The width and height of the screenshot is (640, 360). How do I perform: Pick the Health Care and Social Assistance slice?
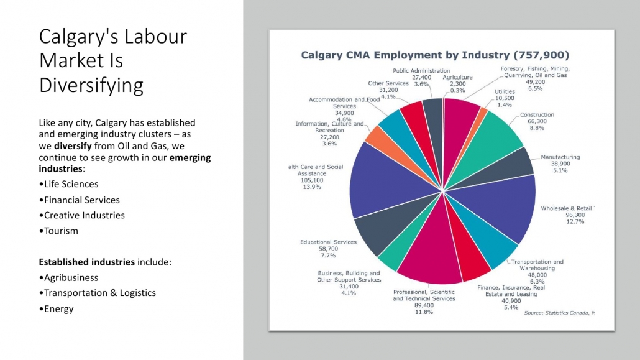[385, 187]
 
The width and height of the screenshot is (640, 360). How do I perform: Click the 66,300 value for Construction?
[537, 122]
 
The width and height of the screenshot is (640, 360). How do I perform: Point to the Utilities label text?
[505, 91]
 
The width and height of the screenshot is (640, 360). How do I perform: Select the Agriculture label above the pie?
[457, 77]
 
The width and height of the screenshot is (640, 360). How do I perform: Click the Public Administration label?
[421, 71]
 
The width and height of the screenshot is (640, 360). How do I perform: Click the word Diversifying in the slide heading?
[91, 85]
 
